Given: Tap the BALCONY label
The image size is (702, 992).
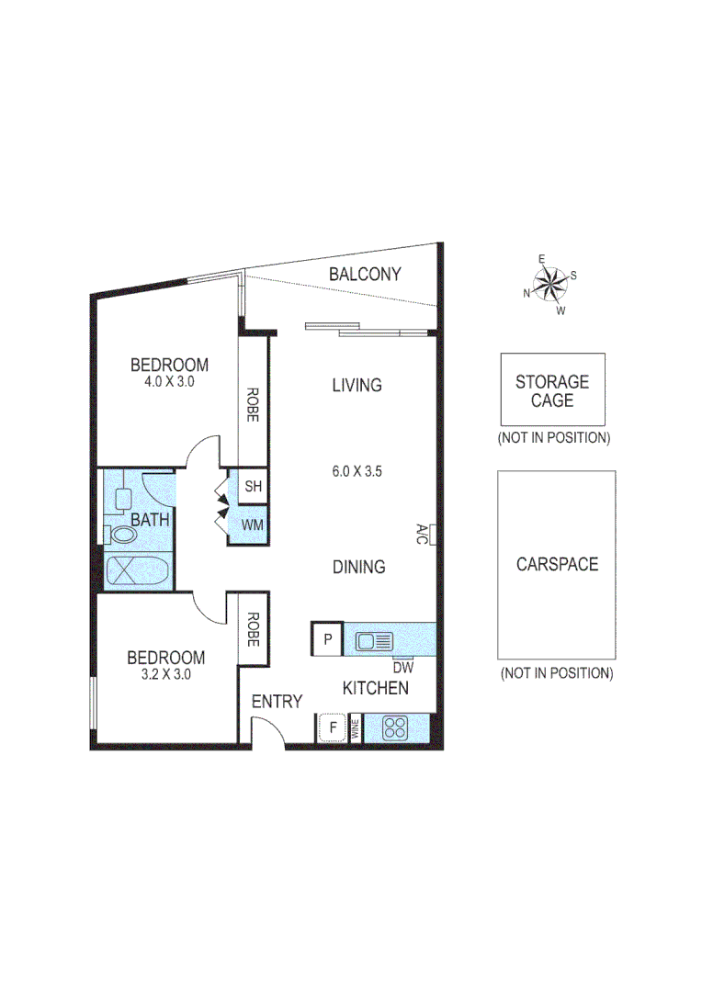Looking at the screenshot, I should coord(365,274).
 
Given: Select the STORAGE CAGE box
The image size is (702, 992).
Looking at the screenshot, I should coord(551,390).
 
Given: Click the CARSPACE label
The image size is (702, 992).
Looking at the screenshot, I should coord(557,564).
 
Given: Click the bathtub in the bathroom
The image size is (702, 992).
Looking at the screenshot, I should coord(137,570).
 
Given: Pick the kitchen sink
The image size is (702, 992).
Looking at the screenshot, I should coord(374,641).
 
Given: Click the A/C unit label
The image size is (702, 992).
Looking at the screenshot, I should coord(422,535).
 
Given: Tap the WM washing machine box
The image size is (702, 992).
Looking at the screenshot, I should coord(253,525).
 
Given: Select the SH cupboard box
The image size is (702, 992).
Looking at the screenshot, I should coord(253,487).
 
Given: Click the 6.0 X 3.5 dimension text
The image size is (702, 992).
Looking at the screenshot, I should coord(357,472).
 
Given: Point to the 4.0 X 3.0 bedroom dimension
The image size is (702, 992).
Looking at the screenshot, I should coord(168,382).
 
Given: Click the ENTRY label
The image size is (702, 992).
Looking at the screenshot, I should coord(277,702).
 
